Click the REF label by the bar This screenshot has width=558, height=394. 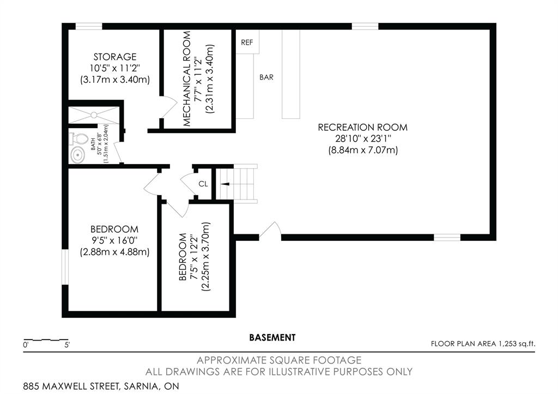click(x=247, y=43)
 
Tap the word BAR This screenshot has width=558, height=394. click(x=266, y=77)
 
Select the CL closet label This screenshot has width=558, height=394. click(x=203, y=184)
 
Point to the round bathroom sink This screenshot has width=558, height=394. click(x=77, y=155)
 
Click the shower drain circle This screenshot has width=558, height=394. click(x=94, y=115)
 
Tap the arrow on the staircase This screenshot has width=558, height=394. click(x=225, y=184)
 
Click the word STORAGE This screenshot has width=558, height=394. click(x=115, y=57)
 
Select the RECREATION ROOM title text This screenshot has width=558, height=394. click(x=362, y=128)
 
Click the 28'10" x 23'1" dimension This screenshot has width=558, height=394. click(x=362, y=138)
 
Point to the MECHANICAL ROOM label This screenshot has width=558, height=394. click(x=187, y=78)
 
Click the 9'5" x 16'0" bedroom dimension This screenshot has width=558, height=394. click(x=114, y=241)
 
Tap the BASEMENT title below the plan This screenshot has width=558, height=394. click(x=272, y=337)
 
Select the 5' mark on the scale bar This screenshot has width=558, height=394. click(x=67, y=345)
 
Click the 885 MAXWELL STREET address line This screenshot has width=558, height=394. click(x=101, y=386)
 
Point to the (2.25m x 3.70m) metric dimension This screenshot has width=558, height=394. click(x=206, y=257)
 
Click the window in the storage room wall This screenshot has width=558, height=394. click(x=89, y=26)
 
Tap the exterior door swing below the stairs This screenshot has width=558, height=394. click(x=270, y=231)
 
